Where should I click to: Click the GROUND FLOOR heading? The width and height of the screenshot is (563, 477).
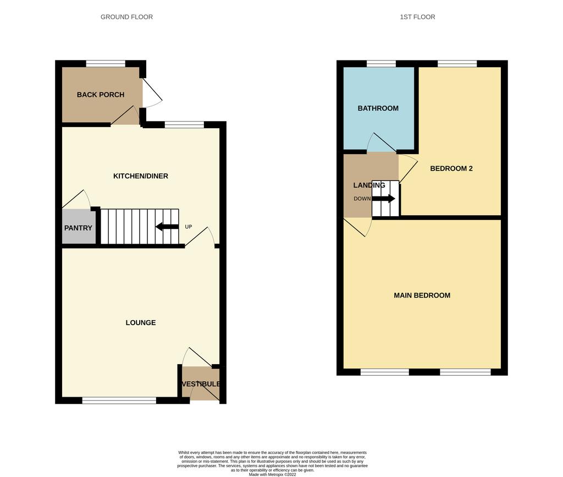(126, 17)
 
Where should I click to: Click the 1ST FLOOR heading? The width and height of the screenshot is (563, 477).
(417, 17)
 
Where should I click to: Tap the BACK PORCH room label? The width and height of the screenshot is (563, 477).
(101, 95)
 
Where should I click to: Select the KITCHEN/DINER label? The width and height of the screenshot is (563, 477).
(141, 176)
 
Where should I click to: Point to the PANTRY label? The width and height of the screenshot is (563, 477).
(78, 228)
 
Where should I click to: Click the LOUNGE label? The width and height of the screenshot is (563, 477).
(141, 322)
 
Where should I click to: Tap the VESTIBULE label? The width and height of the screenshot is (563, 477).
(201, 384)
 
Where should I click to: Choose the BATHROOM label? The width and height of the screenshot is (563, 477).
(378, 108)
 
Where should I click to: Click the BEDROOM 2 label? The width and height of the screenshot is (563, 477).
(451, 168)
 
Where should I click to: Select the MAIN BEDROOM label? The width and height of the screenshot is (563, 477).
(422, 295)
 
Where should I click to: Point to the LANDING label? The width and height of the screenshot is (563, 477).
(369, 185)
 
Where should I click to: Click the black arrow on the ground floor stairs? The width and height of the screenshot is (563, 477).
(167, 227)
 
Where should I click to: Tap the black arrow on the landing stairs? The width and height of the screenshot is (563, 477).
(383, 198)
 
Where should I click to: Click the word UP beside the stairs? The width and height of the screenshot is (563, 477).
(189, 227)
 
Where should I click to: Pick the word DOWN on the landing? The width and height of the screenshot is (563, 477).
(362, 199)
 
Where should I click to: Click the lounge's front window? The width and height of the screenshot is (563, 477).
(119, 400)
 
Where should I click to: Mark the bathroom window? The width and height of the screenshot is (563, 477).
(381, 64)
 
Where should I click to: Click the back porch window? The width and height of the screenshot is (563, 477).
(106, 64)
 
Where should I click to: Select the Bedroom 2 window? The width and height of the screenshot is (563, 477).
(457, 64)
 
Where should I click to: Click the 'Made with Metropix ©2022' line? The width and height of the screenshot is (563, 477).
(273, 474)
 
